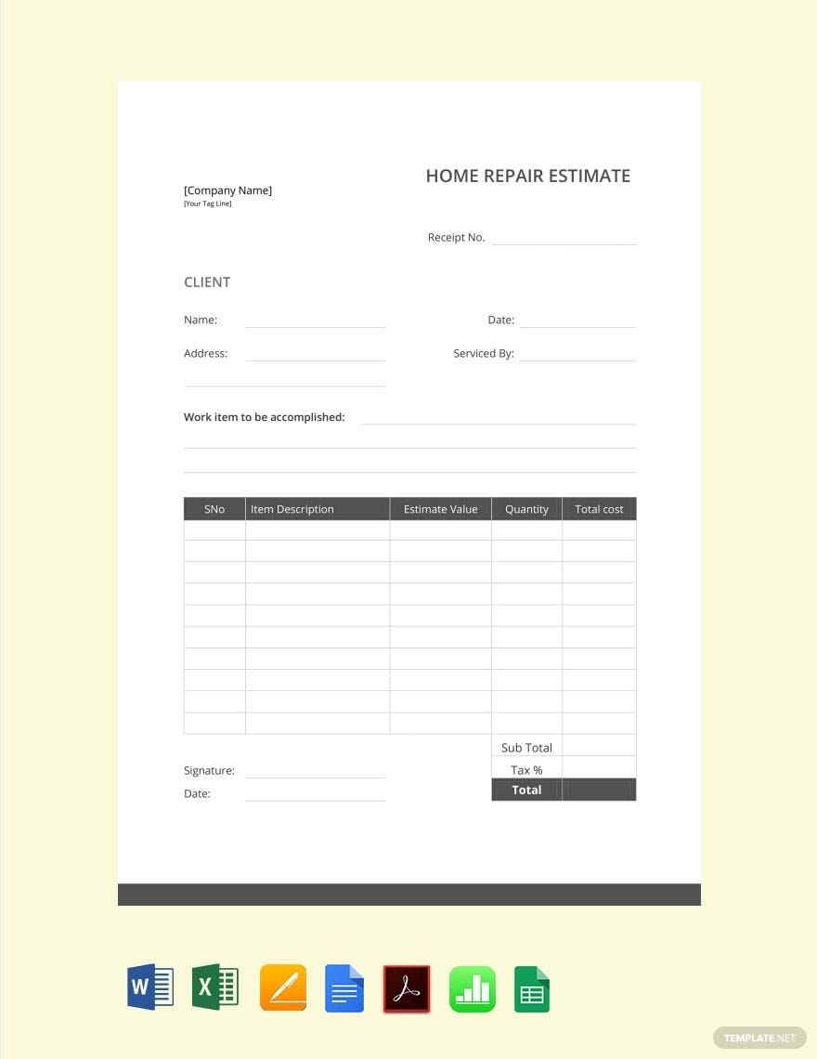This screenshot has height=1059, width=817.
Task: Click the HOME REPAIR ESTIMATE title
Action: point(527,176)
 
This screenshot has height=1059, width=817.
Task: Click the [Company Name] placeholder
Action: point(227,190)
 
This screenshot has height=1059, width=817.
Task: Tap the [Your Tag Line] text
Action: point(207,203)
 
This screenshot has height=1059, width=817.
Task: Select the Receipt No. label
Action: point(456,238)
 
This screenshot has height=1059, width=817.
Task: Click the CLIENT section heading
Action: point(207,282)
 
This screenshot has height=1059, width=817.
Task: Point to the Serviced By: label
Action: point(483,354)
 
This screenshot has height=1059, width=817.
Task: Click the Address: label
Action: point(205,354)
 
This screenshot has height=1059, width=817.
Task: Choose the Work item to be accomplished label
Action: point(264,418)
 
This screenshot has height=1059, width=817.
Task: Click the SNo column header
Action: point(214,509)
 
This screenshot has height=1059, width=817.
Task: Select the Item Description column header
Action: point(292,509)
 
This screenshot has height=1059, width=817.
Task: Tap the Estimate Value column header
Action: point(440,509)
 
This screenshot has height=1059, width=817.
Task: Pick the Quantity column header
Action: point(526,509)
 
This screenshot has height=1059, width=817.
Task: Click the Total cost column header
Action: point(599,509)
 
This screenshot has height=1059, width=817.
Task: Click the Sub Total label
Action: point(526,748)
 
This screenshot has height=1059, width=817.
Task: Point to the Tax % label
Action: point(526,770)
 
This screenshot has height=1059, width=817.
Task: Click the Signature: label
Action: point(209,771)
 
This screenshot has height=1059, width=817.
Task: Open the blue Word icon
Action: point(150,987)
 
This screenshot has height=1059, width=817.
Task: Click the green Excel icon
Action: point(214,987)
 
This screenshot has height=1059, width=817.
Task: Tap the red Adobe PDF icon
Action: point(407,988)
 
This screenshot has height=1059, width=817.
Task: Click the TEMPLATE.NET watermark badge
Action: point(759,1038)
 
